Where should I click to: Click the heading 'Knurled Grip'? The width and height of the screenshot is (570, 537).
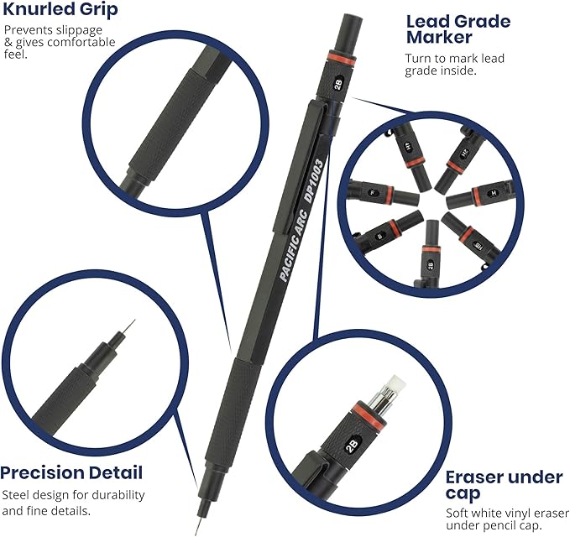pos(60,11)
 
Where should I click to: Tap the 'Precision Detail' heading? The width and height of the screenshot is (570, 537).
pos(71,472)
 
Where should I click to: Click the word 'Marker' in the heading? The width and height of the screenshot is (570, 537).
pos(440,38)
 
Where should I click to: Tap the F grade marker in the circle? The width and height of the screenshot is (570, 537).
pos(374,192)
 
